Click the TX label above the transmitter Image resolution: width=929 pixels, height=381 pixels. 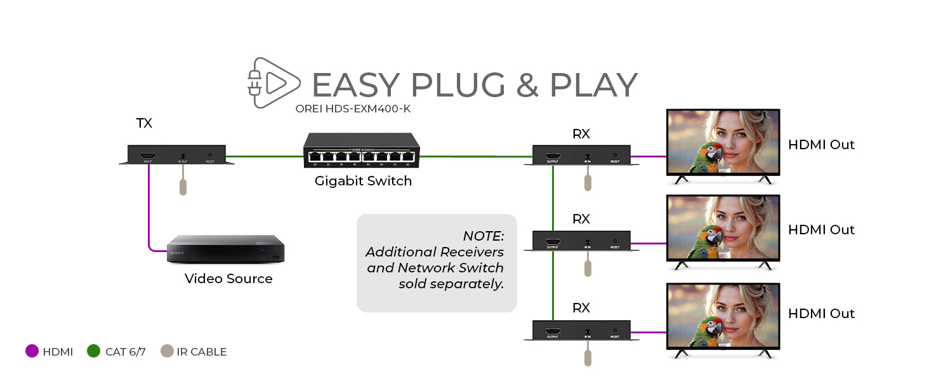coord(144,123)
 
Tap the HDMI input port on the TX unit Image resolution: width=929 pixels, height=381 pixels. coord(148,156)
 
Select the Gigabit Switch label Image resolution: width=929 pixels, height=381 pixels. coord(363,181)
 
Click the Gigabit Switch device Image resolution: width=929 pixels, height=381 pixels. coord(362,150)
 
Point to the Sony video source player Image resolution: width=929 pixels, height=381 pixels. coord(225,250)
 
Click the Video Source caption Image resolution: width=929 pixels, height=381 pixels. coord(228,279)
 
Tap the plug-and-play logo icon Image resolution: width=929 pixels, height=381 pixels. coord(273,82)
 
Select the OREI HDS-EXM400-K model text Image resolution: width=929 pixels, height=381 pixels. coord(353,109)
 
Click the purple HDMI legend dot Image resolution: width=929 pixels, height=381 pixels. coord(32,351)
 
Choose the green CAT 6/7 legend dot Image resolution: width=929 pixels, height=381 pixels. coord(94,351)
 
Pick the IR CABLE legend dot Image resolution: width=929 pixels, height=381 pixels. coord(167,351)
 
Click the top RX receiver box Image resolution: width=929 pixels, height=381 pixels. coord(581,156)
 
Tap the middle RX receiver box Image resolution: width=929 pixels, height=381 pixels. coord(581,241)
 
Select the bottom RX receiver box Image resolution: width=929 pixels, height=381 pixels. coord(581,331)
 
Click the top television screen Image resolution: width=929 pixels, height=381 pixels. coord(723,142)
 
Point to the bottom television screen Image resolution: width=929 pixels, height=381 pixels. coord(723,316)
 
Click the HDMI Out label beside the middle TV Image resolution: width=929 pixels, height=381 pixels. coord(821,230)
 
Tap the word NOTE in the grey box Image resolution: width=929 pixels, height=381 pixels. coord(483,236)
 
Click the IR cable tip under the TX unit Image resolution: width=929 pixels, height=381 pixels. coord(183,187)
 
